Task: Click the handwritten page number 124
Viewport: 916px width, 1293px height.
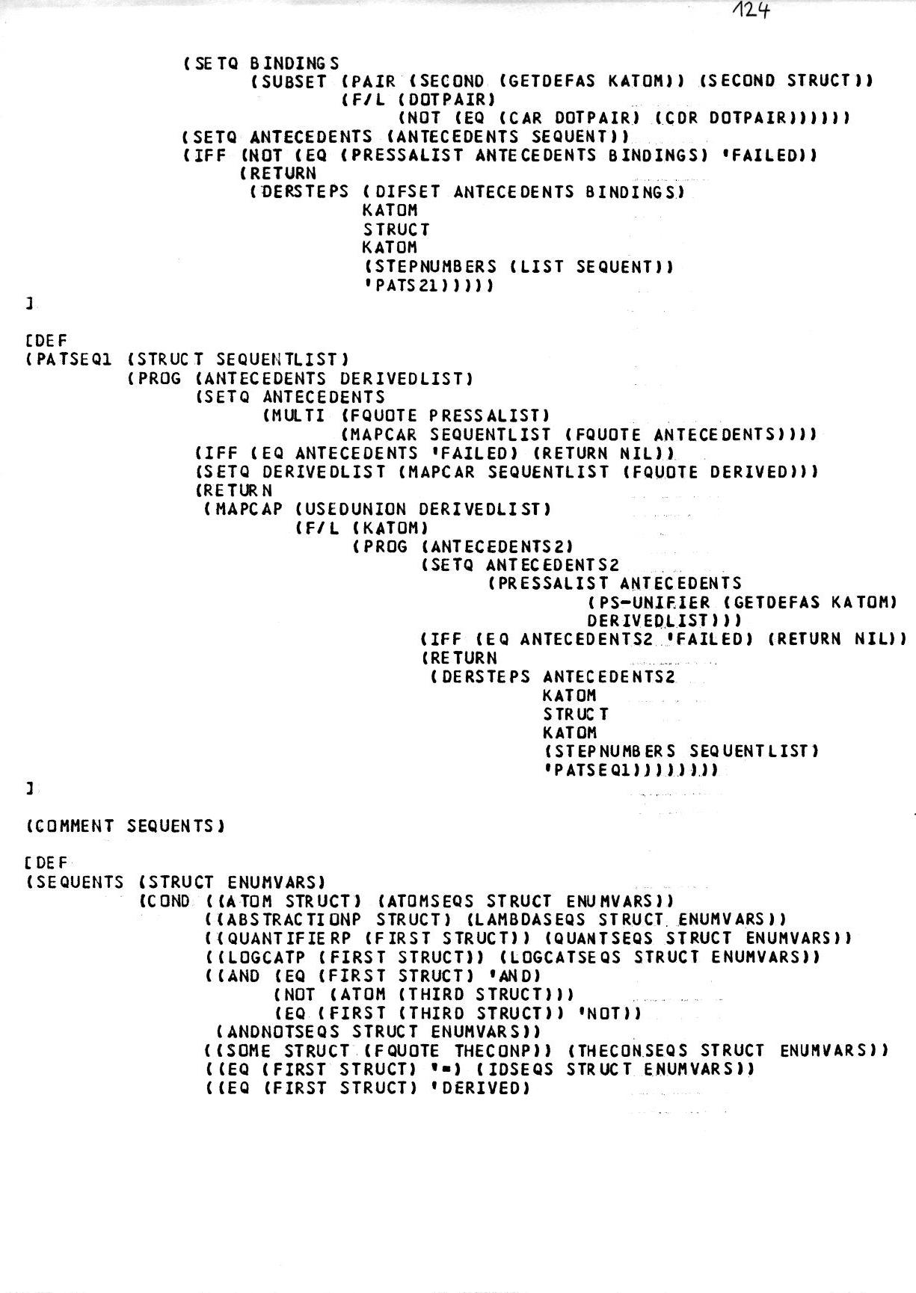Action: tap(751, 12)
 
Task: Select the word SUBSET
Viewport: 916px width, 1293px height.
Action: tap(293, 81)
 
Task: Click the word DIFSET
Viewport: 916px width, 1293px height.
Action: tap(408, 192)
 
